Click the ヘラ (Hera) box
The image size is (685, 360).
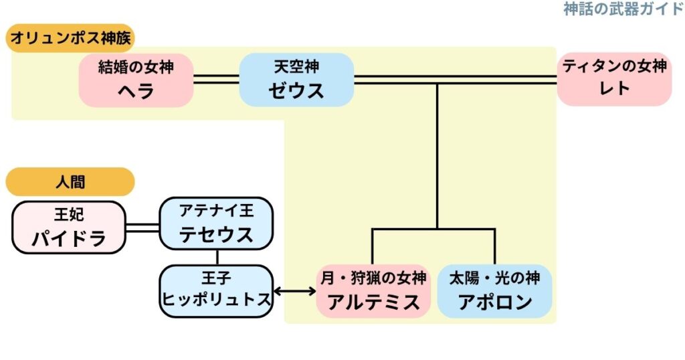[136, 80]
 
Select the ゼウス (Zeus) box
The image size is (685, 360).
[296, 80]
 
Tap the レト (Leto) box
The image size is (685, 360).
[614, 79]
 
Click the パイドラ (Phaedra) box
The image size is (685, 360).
[70, 227]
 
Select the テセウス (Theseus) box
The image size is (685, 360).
[216, 223]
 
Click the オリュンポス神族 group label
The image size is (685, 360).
[70, 37]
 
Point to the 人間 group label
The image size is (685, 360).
[70, 181]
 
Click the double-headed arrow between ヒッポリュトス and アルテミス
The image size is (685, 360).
[295, 291]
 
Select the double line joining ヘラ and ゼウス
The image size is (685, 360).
[216, 80]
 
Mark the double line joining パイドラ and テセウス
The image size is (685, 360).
[142, 228]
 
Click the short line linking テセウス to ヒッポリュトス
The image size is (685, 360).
[217, 257]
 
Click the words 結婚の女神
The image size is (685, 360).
[136, 68]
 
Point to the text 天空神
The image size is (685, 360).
[296, 67]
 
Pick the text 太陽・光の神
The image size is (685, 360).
[494, 277]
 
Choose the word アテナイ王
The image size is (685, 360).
[216, 211]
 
